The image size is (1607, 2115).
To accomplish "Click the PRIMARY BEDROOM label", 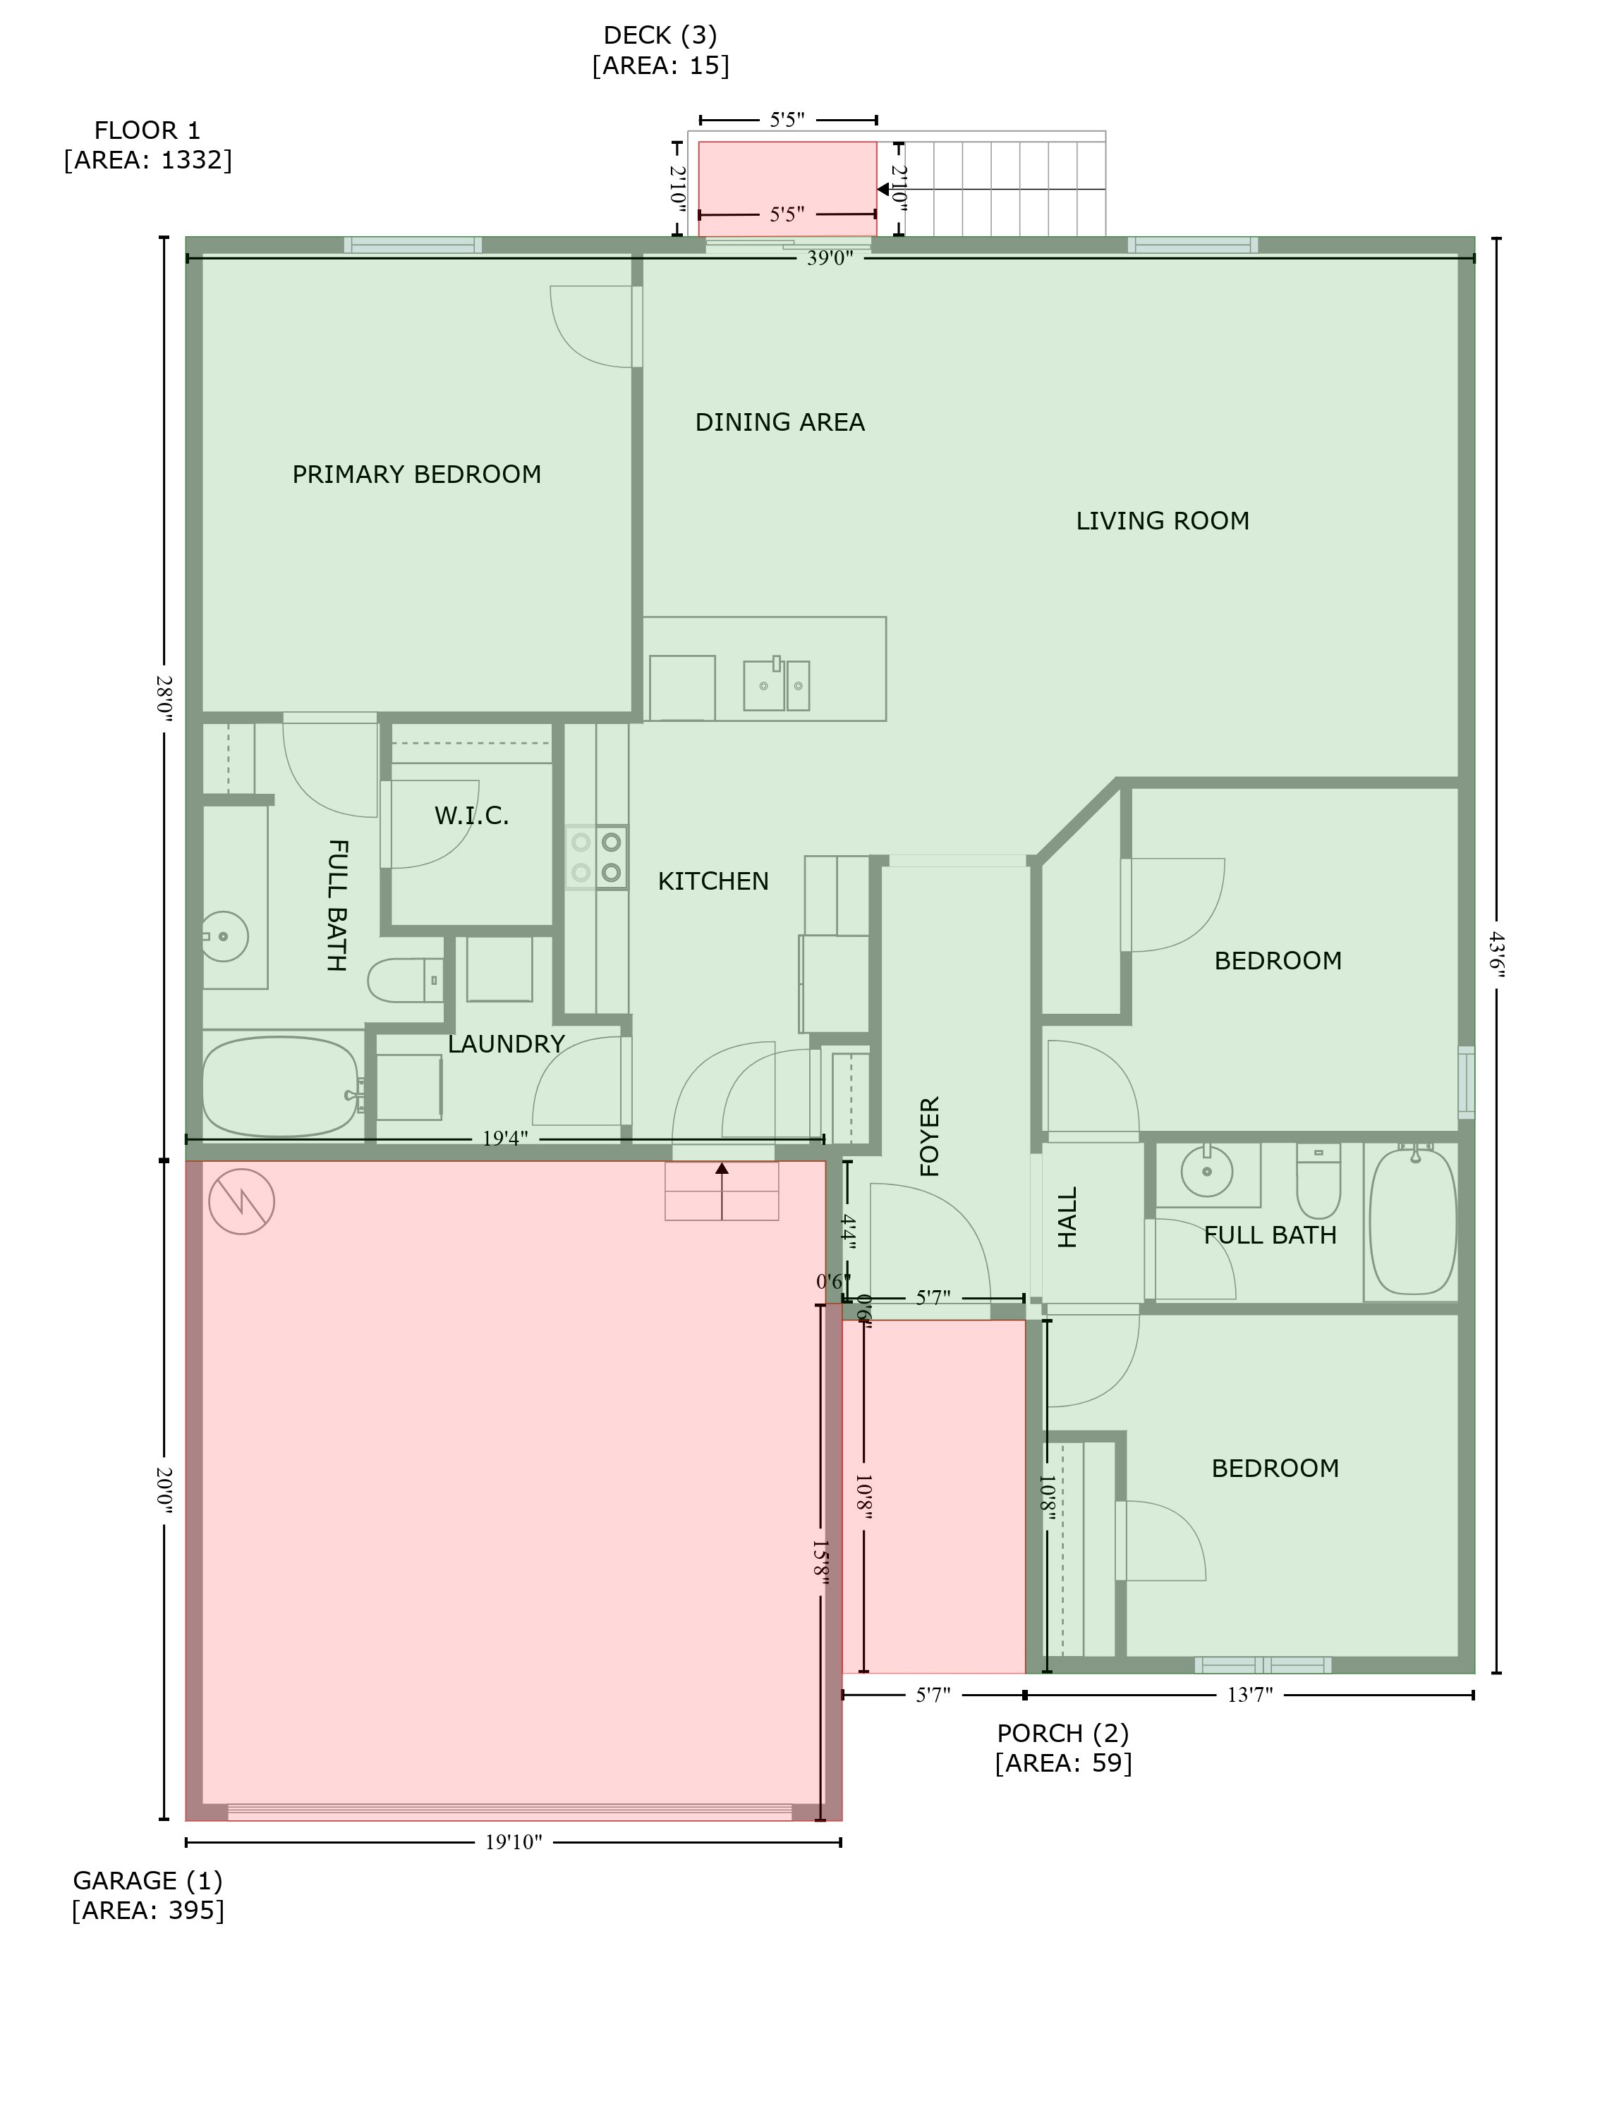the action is coord(416,474).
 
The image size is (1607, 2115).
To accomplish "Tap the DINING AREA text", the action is coord(780,422).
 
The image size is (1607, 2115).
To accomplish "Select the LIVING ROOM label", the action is coord(1162,521).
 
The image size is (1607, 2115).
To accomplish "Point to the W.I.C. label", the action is coord(471,816).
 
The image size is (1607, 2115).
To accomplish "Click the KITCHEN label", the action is coord(712,881).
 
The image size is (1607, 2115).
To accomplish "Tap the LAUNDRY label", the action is coord(506,1044).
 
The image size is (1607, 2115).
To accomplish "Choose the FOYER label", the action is coord(930,1136).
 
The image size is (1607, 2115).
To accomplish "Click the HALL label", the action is coord(1067,1217).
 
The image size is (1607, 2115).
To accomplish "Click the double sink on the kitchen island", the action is coord(777,685).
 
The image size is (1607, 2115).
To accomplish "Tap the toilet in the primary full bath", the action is coord(406,980).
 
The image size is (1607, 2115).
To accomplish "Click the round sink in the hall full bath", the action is coord(1207,1170).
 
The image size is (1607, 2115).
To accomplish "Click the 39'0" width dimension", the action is coord(830,258).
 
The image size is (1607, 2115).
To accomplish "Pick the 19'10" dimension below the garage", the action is coord(514,1842).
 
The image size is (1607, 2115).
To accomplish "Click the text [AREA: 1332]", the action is coord(148,159).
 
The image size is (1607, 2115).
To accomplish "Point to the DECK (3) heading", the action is coord(660,35).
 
